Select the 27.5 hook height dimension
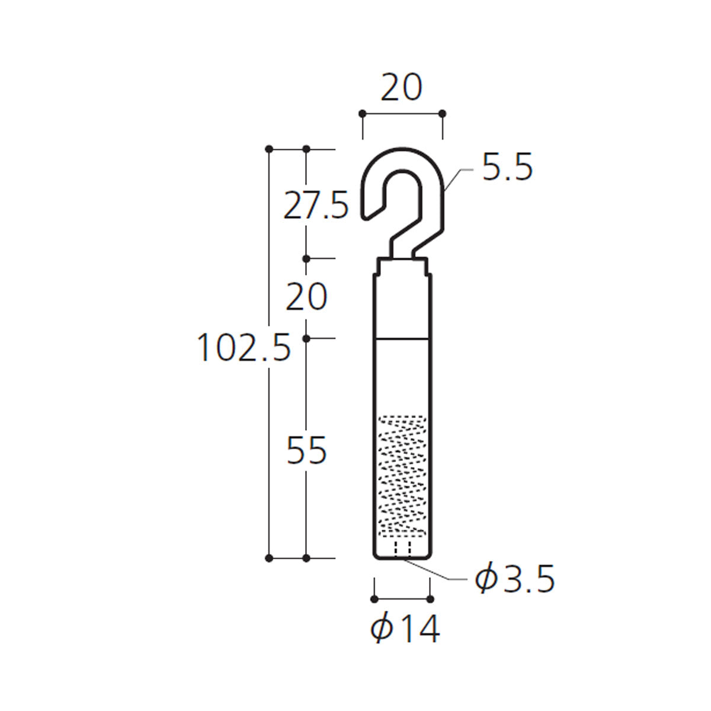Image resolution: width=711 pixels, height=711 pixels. click(x=316, y=205)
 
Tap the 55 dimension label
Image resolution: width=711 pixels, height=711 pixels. click(x=306, y=450)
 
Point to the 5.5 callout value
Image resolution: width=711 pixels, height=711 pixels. click(x=507, y=167)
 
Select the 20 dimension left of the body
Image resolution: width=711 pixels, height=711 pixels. click(x=306, y=297)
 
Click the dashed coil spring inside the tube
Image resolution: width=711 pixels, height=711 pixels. click(x=402, y=476)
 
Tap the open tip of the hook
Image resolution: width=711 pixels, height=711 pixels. click(x=366, y=217)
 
